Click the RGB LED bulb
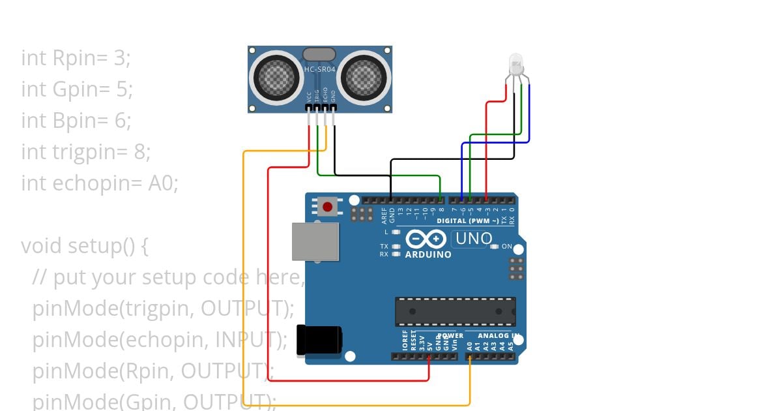pos(515,64)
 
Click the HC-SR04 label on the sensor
pos(320,68)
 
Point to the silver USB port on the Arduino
pos(315,242)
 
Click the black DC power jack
pos(319,341)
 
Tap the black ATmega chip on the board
pos(455,311)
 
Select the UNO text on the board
pos(474,238)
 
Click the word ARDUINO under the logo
pos(428,254)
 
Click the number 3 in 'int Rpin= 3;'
pos(119,58)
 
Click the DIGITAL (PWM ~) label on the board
pos(468,221)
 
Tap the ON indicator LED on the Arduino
pos(495,247)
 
